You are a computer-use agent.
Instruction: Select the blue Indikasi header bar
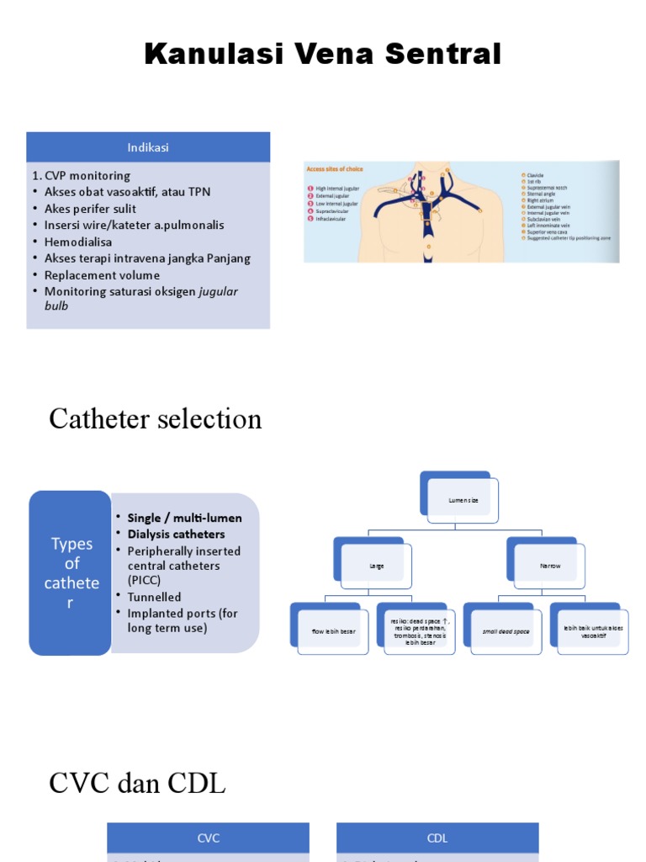[x=148, y=147]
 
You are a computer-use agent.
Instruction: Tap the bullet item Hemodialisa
[x=78, y=242]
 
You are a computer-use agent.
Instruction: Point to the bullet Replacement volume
[x=102, y=275]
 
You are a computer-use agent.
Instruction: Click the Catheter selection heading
[x=156, y=419]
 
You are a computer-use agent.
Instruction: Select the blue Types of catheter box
[x=71, y=572]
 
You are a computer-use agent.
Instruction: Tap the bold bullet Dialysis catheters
[x=176, y=535]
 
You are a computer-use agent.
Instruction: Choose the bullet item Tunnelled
[x=154, y=598]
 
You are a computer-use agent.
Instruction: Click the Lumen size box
[x=463, y=501]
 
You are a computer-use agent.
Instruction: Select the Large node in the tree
[x=376, y=567]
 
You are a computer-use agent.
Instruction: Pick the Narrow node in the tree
[x=549, y=567]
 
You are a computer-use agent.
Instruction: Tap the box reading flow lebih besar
[x=332, y=631]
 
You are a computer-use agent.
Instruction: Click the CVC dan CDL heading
[x=137, y=785]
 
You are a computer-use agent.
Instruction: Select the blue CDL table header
[x=437, y=838]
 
